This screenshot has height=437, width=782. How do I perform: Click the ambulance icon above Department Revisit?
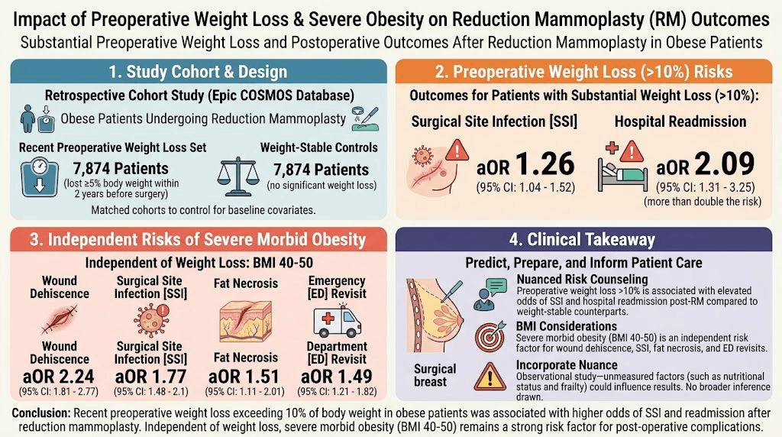pyautogui.click(x=337, y=322)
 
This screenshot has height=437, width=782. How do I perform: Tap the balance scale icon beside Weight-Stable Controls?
pyautogui.click(x=238, y=176)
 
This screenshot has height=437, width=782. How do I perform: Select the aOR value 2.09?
pyautogui.click(x=705, y=164)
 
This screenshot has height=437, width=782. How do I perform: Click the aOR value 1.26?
pyautogui.click(x=525, y=164)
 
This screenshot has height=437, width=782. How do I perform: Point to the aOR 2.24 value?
pyautogui.click(x=59, y=376)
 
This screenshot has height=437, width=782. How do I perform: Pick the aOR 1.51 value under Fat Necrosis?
pyautogui.click(x=244, y=377)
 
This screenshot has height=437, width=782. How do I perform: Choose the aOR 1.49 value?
pyautogui.click(x=337, y=376)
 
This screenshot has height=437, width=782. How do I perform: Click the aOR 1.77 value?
pyautogui.click(x=150, y=376)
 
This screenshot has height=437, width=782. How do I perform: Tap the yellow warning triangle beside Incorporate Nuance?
pyautogui.click(x=490, y=377)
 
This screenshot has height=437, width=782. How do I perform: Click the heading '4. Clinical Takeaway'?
pyautogui.click(x=582, y=240)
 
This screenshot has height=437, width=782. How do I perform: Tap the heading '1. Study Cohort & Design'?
pyautogui.click(x=198, y=72)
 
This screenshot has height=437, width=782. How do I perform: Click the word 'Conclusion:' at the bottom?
pyautogui.click(x=42, y=413)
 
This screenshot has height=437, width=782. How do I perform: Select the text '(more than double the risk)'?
pyautogui.click(x=703, y=202)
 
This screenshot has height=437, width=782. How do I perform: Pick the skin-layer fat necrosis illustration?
pyautogui.click(x=246, y=321)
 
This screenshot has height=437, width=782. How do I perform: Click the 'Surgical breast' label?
pyautogui.click(x=435, y=375)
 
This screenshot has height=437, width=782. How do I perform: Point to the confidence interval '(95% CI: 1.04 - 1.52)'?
pyautogui.click(x=525, y=188)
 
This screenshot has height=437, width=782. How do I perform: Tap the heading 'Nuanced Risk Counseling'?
pyautogui.click(x=582, y=280)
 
